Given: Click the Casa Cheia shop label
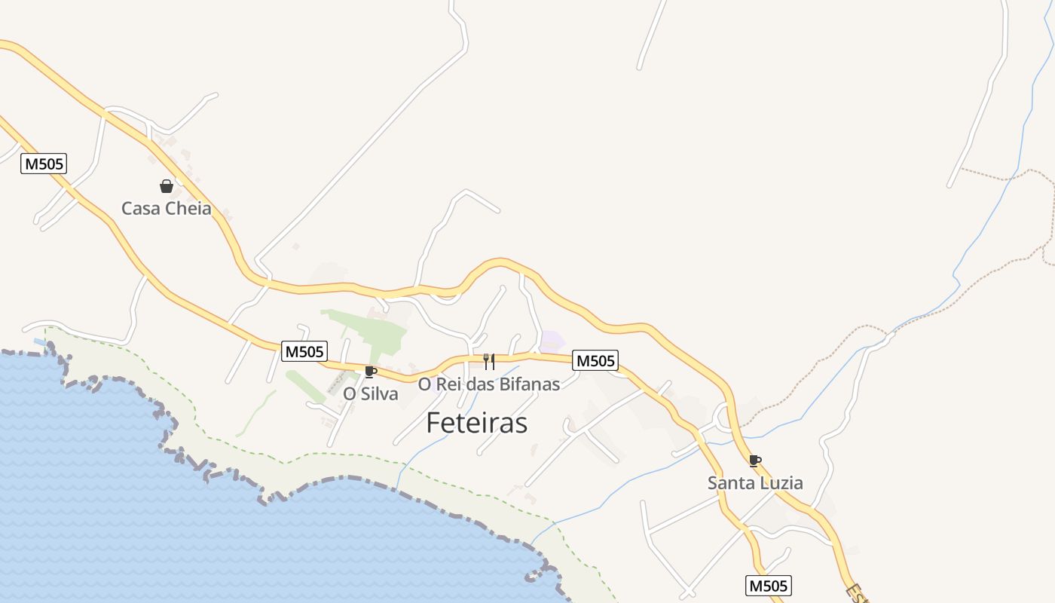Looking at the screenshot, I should (167, 209).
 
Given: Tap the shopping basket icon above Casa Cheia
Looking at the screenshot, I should (167, 186).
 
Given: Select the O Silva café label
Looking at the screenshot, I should (371, 393).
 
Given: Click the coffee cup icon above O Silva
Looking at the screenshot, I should (370, 372).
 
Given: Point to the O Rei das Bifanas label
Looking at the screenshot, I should (489, 384).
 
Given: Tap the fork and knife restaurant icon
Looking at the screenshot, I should (489, 362).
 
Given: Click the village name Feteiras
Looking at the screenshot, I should (476, 423).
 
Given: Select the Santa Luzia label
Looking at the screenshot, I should (755, 483).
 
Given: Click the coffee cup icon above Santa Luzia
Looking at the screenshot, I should (754, 461).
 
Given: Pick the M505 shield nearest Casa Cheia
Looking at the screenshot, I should (44, 164).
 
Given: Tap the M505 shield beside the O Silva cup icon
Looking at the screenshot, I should (304, 351).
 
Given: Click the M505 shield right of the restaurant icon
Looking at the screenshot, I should (595, 361).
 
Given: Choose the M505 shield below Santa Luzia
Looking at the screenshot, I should (769, 586).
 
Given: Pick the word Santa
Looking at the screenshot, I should (731, 483).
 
